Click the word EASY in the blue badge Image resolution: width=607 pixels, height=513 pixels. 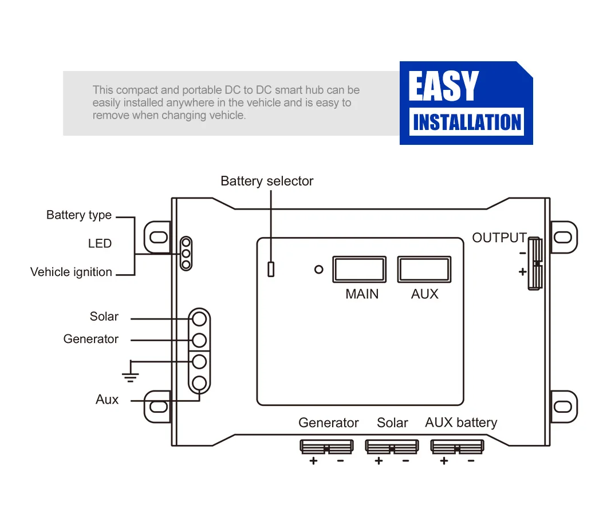tap(443, 86)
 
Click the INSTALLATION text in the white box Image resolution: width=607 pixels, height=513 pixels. tap(467, 123)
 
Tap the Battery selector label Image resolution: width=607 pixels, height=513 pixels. tap(267, 181)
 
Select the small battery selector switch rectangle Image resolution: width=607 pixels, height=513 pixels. tap(271, 269)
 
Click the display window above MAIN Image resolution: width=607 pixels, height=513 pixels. tap(360, 269)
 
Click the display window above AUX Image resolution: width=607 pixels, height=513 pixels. tap(424, 269)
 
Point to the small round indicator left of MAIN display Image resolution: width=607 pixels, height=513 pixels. tap(319, 269)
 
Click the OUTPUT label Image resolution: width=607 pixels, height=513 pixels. tap(499, 238)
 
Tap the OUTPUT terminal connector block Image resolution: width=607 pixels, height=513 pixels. tap(535, 263)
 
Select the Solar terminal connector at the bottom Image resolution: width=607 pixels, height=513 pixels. tap(392, 447)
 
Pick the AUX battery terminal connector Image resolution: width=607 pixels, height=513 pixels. tap(457, 447)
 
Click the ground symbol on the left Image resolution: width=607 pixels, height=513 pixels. tap(131, 375)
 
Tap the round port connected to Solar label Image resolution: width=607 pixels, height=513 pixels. tap(199, 318)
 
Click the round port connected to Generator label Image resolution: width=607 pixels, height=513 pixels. tap(199, 340)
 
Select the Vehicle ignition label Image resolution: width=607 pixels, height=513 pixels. tap(71, 273)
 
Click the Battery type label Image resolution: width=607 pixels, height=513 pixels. tap(79, 216)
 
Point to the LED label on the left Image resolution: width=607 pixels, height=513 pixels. tap(100, 244)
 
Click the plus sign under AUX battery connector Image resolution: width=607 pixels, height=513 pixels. tap(444, 461)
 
